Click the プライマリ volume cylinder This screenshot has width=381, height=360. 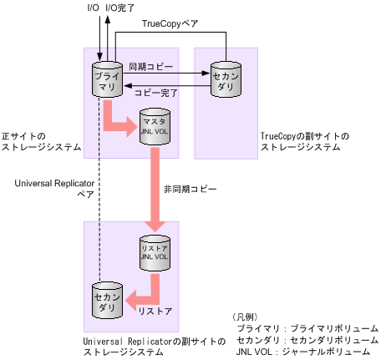pos(107,79)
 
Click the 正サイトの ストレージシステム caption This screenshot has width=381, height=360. pos(42,140)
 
